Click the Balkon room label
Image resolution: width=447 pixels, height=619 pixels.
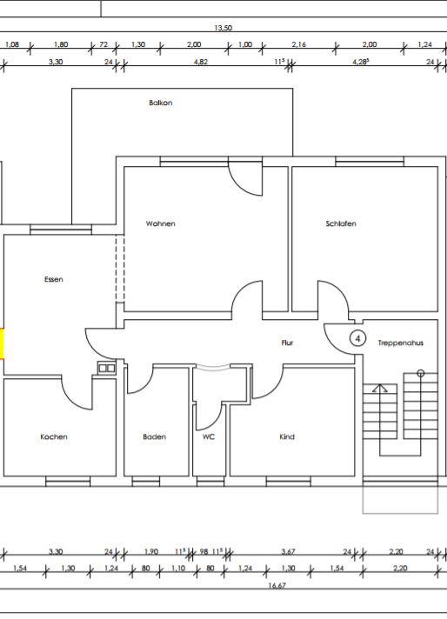161,103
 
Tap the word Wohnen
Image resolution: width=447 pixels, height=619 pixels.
160,223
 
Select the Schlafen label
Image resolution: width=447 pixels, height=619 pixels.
341,223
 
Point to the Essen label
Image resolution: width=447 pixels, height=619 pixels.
54,279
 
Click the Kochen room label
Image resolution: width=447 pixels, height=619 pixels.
54,436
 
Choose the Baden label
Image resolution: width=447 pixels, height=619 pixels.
155,436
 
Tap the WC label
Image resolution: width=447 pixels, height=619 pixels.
209,436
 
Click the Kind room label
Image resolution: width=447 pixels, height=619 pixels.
287,436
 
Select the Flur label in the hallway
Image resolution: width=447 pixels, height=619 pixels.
288,343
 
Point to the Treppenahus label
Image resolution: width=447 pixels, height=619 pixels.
400,343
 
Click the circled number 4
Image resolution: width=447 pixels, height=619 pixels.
357,339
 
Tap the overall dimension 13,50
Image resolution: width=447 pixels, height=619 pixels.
223,28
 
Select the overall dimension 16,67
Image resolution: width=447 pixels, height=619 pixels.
277,586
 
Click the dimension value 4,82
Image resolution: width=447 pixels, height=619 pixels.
201,62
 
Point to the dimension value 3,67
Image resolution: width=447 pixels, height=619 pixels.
288,551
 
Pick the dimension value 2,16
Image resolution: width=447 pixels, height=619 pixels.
299,44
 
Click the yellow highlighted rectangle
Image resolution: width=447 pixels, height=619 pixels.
2,344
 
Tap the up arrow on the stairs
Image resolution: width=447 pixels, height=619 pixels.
380,388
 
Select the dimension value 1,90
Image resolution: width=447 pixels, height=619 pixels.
150,551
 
